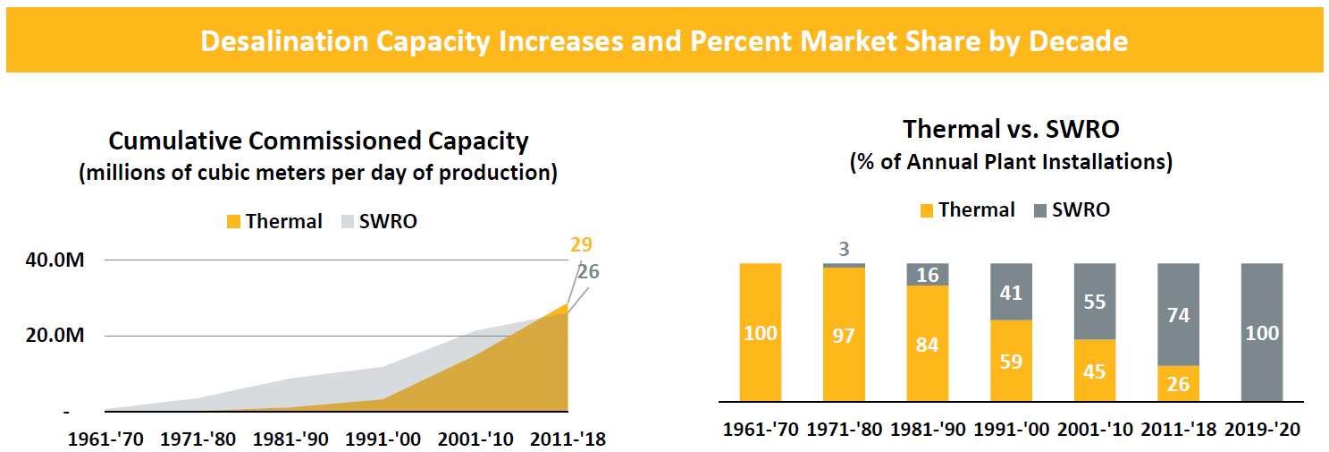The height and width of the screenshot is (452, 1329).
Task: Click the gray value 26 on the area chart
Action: click(587, 272)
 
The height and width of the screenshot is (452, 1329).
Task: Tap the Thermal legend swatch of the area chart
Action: click(233, 222)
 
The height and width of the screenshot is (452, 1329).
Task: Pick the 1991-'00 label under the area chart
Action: click(383, 439)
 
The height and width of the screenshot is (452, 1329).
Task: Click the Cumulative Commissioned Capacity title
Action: click(318, 141)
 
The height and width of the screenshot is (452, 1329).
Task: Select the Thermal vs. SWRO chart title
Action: click(1011, 129)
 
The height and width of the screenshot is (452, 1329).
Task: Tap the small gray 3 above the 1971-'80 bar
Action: click(844, 250)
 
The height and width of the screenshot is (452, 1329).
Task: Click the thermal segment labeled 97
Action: click(844, 335)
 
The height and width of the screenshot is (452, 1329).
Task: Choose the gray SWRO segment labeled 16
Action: click(928, 275)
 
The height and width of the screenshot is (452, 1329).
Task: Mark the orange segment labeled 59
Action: click(1011, 361)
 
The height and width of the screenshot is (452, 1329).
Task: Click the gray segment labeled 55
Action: click(1094, 302)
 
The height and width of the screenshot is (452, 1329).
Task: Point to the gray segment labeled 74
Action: click(1178, 315)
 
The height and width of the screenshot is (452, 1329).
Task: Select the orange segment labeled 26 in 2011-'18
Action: click(1178, 384)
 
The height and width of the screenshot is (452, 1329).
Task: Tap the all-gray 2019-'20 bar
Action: click(1261, 333)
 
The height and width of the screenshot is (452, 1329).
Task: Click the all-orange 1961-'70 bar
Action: click(761, 333)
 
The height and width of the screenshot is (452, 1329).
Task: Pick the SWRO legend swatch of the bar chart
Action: click(1039, 210)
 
